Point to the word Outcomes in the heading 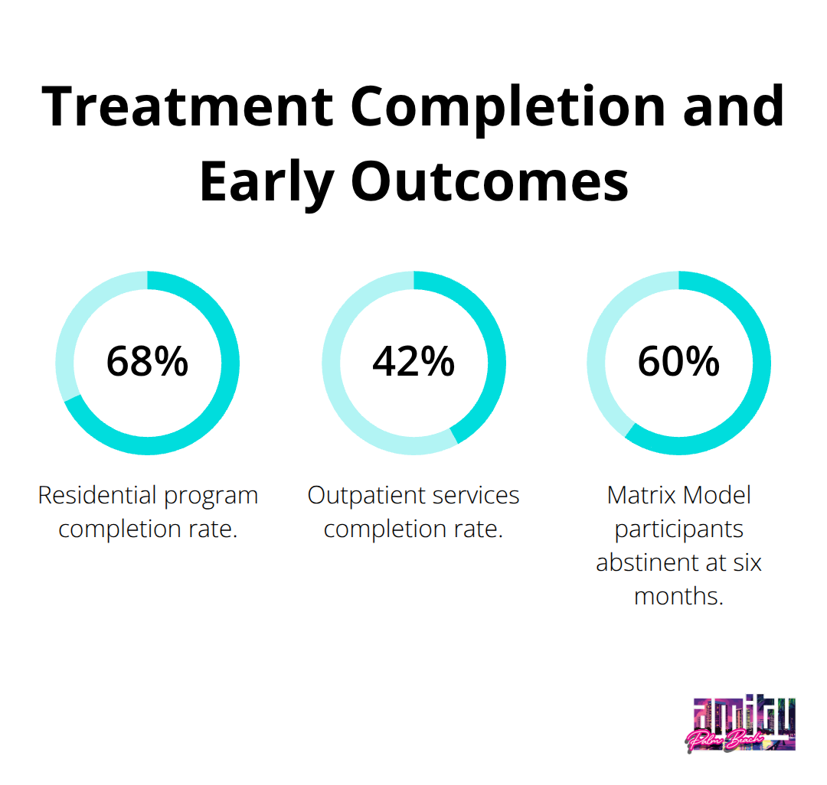pos(490,182)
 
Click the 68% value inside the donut pos(147,362)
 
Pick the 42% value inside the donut pos(413,362)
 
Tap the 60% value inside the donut pos(678,362)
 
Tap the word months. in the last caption pos(678,596)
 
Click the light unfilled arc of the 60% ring pos(601,344)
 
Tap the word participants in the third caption pos(678,529)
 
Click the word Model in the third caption pos(717,495)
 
